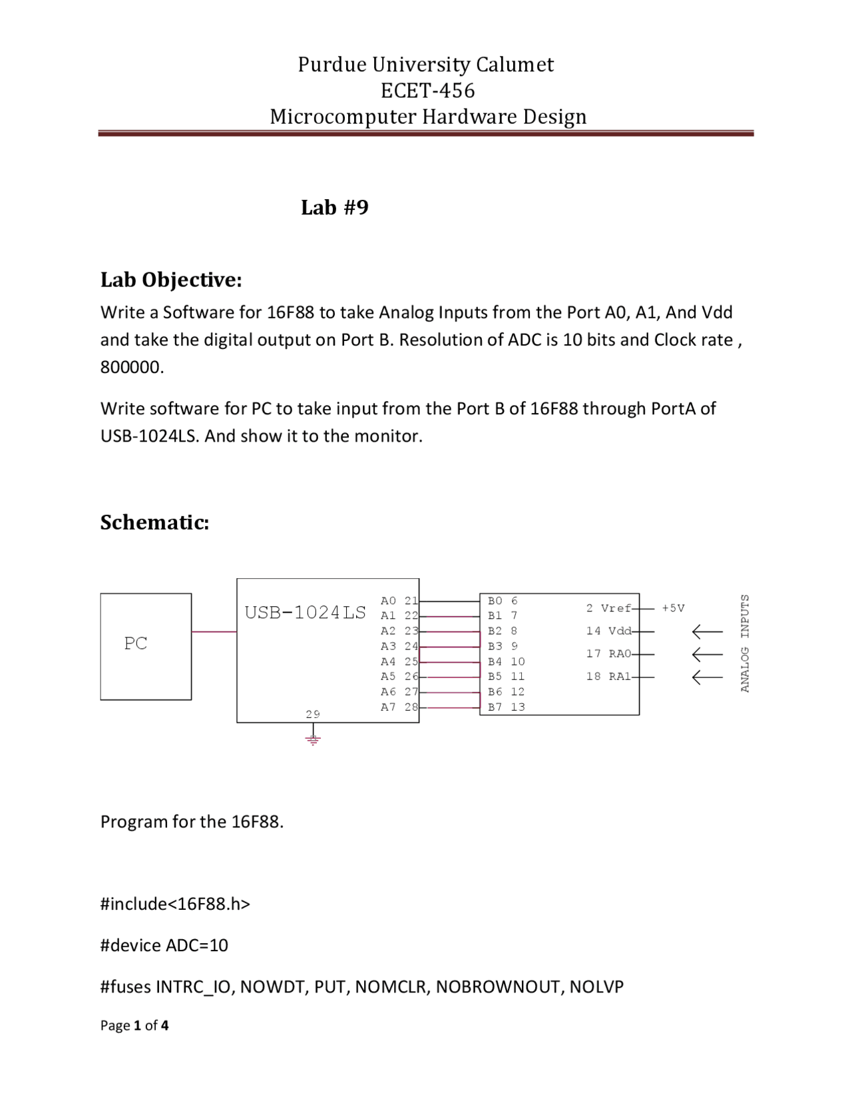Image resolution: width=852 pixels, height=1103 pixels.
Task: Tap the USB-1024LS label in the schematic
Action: [305, 613]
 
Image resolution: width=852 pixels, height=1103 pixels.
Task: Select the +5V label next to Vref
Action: [673, 608]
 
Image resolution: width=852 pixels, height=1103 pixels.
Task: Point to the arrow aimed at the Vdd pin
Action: [708, 631]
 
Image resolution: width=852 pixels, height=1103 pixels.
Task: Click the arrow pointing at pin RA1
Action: [708, 677]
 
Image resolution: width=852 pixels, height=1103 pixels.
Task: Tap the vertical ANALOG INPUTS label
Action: [744, 643]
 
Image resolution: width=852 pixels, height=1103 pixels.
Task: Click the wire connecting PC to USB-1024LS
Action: [214, 632]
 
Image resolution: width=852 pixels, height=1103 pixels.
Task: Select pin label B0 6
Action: [503, 601]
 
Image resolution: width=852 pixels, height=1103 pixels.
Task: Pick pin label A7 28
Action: [399, 707]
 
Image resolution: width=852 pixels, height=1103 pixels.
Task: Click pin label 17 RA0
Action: [608, 654]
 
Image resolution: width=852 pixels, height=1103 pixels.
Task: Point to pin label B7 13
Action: [506, 707]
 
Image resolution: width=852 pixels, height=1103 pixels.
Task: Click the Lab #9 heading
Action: [335, 207]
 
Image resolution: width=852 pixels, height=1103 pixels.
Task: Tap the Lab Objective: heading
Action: [172, 280]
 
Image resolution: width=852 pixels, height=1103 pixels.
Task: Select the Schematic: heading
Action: [154, 522]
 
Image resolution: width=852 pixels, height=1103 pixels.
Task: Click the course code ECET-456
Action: [427, 91]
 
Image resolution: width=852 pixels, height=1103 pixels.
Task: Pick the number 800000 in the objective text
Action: [132, 367]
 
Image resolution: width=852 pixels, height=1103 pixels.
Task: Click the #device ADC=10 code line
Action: [164, 945]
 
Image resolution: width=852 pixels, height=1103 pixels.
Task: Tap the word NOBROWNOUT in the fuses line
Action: [499, 986]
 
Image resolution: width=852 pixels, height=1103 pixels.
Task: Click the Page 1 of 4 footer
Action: [134, 1025]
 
